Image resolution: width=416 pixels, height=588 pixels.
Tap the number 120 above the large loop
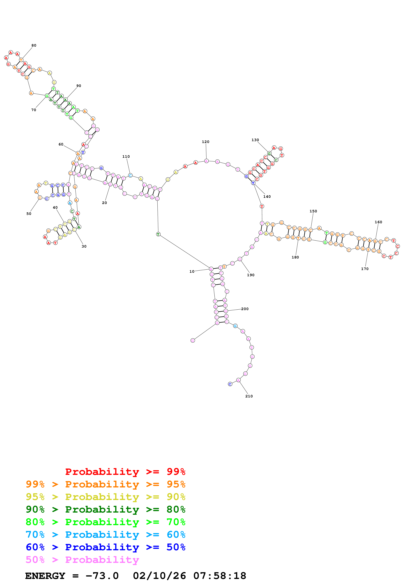[206, 142]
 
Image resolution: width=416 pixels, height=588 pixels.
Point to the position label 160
[378, 222]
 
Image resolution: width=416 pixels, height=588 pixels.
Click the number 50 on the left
[29, 214]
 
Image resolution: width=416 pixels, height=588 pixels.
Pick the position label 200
[245, 309]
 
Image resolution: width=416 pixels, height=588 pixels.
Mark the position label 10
[192, 272]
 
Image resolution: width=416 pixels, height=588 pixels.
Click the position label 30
[84, 246]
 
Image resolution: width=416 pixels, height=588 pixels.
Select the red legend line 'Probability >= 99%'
[125, 472]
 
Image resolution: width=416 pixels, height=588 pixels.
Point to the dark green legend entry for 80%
[105, 509]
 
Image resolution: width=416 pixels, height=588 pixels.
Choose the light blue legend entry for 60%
[105, 535]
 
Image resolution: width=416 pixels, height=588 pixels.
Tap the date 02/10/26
[159, 576]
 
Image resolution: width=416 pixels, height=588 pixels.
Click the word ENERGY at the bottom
[45, 576]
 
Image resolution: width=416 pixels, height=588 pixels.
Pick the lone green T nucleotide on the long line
[158, 234]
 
